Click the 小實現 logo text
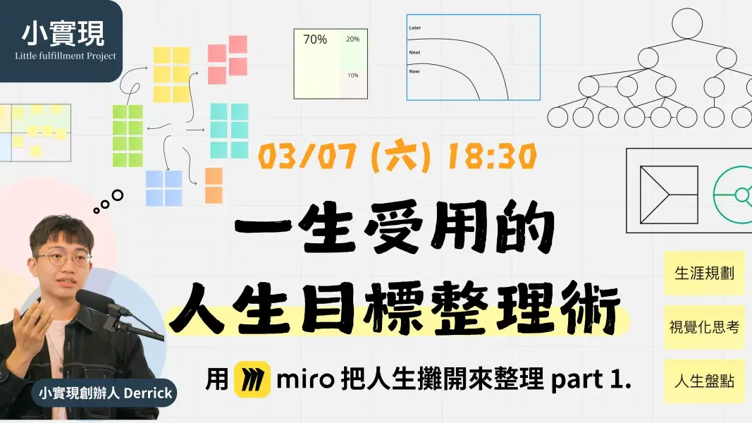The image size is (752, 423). pos(62,32)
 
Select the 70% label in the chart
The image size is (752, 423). pos(315,40)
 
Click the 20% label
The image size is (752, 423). pos(352,39)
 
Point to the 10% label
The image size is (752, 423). pos(352,75)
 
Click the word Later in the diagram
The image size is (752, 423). pos(415,28)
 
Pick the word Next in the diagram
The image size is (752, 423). pos(414,52)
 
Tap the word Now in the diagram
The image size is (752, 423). pos(414,71)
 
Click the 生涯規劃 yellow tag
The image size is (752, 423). pos(704,273)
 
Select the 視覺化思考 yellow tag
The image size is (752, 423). pos(704,327)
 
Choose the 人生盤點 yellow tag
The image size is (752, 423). pos(704,381)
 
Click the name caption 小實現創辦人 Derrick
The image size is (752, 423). pos(106,393)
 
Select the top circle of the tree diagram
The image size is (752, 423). pos(688,23)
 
